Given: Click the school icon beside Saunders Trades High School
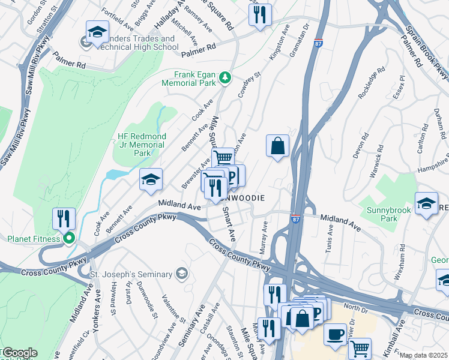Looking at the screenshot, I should pyautogui.click(x=97, y=33).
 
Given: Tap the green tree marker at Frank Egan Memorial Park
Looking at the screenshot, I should pyautogui.click(x=225, y=77).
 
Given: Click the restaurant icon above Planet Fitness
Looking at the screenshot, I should pyautogui.click(x=64, y=219).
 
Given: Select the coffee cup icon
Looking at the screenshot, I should pyautogui.click(x=335, y=334).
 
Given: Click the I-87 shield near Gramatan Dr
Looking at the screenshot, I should pyautogui.click(x=318, y=43).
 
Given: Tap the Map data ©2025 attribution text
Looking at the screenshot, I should pyautogui.click(x=423, y=355).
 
